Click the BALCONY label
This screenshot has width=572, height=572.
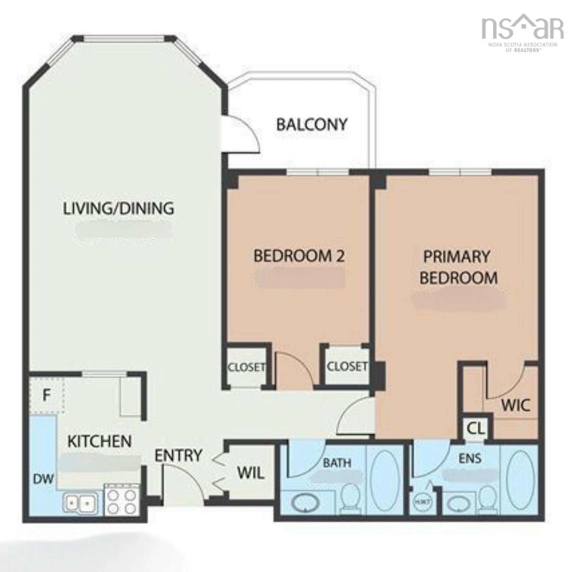point(311,125)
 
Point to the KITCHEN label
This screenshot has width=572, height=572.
point(100,441)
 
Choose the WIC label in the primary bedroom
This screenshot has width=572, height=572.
point(515,405)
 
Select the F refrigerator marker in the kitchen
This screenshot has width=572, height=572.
point(46,395)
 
